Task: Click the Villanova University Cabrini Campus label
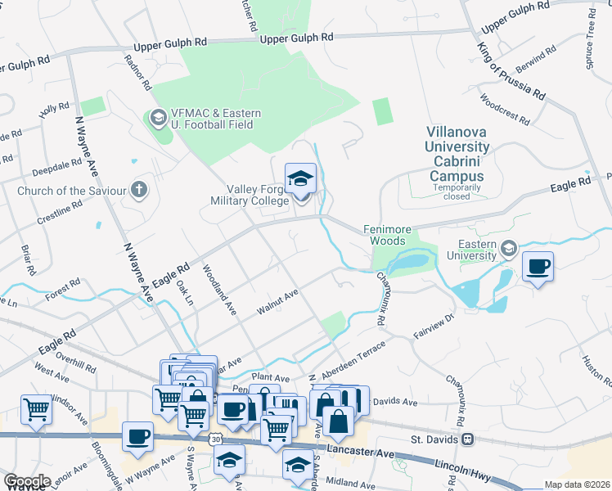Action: point(459,152)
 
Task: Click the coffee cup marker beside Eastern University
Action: point(538,267)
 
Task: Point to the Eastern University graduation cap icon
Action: point(508,248)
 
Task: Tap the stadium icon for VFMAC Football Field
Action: point(157,119)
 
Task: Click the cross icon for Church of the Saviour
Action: point(139,191)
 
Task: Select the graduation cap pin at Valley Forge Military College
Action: point(300,179)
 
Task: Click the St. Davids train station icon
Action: point(467,439)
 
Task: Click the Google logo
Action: point(27,481)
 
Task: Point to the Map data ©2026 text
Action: point(577,484)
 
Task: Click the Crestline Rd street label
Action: point(60,213)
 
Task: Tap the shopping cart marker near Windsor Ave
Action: point(36,409)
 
